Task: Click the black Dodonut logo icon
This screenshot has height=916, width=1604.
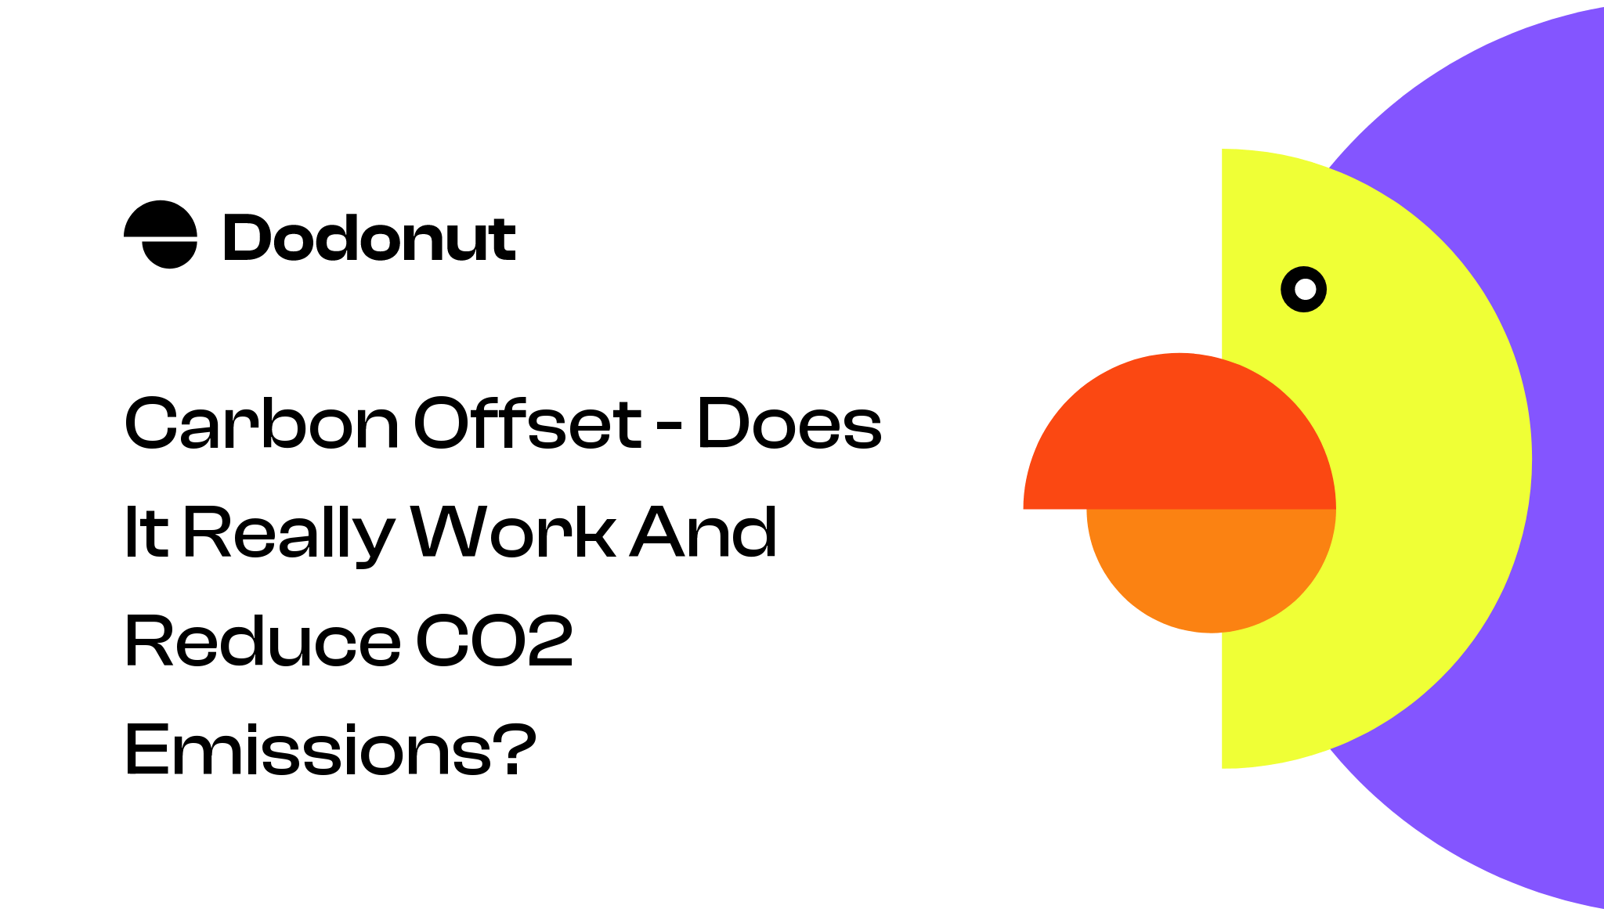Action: tap(161, 234)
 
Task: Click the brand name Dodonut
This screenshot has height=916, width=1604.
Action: tap(369, 238)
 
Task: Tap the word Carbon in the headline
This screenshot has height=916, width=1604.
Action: tap(262, 424)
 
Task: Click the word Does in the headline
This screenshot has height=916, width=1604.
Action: tap(789, 424)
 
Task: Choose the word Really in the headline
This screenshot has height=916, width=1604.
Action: tap(288, 534)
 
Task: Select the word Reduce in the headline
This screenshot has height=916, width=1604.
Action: tap(262, 641)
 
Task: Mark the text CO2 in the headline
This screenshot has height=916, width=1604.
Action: tap(494, 641)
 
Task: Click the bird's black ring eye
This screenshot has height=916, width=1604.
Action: tap(1288, 290)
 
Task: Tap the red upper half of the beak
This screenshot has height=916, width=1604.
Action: tap(1180, 438)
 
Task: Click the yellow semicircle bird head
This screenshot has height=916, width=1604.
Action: tap(1425, 470)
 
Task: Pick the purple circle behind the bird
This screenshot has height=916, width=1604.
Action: tap(1559, 235)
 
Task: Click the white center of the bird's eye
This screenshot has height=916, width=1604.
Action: tap(1304, 290)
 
